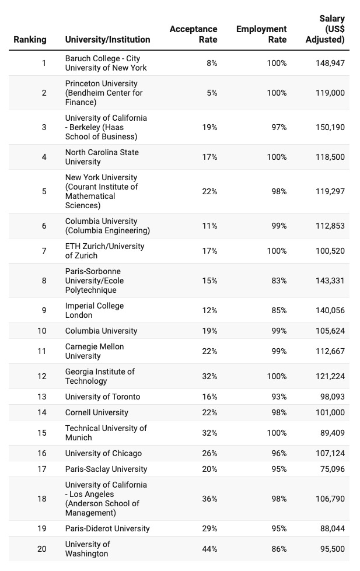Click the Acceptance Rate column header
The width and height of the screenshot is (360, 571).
(193, 34)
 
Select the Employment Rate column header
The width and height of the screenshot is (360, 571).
(261, 34)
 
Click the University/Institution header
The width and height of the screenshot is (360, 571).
(107, 40)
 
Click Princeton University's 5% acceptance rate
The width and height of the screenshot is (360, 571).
(212, 93)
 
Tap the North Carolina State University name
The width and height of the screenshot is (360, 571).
(102, 157)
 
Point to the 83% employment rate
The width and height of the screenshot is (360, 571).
(277, 281)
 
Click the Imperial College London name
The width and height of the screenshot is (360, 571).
(95, 310)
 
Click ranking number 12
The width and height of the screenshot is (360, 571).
(42, 376)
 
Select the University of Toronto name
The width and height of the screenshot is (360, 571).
(103, 397)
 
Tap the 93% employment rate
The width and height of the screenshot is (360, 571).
(277, 397)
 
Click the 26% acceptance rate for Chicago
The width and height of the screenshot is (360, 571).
(209, 453)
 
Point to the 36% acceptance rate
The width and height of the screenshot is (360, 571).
(209, 499)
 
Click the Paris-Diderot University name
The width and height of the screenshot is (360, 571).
(107, 528)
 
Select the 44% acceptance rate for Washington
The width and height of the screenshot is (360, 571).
(209, 549)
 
